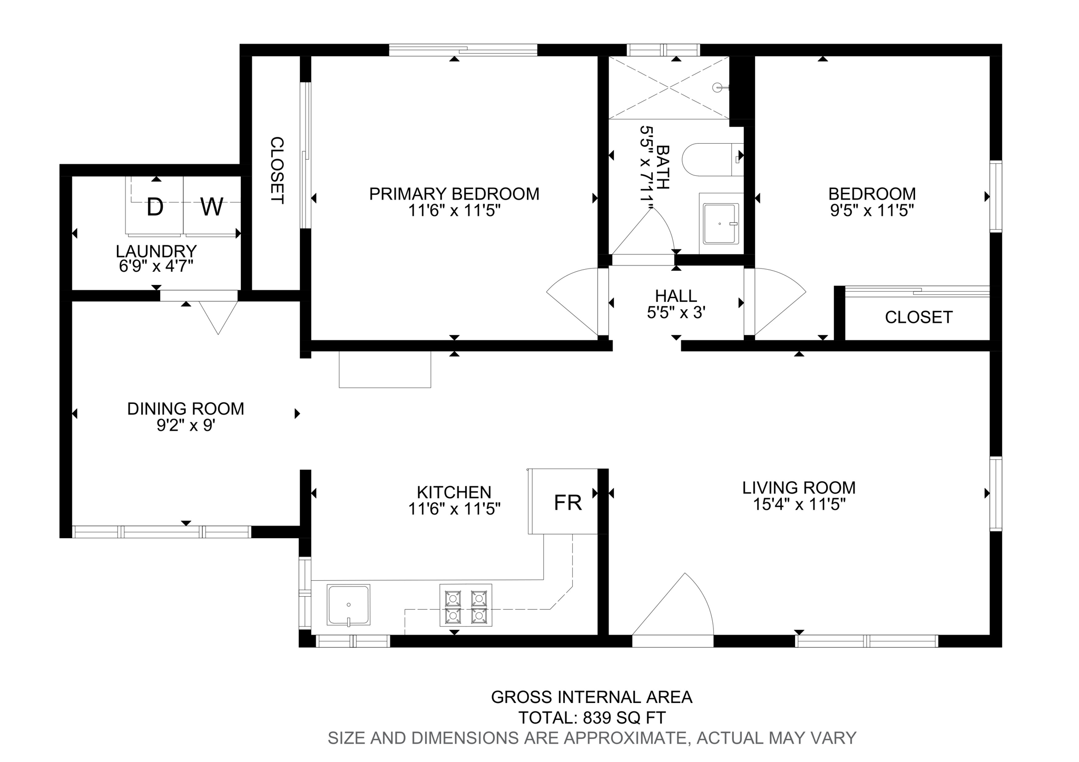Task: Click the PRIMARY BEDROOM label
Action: coord(454,194)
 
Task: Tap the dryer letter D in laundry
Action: coord(155,207)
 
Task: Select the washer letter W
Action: coord(212,207)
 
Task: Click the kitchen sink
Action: coord(348,605)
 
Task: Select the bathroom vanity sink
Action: coord(720,224)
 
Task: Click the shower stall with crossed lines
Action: coord(669,87)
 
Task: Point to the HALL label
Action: coord(676,295)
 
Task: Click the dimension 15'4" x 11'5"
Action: coord(799,504)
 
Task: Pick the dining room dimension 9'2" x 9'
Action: coord(185,425)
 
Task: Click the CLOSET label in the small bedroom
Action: coord(918,318)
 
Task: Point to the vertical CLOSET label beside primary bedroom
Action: coord(277,170)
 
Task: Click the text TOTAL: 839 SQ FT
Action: coord(592,718)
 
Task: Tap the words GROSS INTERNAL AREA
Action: coord(591,697)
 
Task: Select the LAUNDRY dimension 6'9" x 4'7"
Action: coord(156,266)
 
